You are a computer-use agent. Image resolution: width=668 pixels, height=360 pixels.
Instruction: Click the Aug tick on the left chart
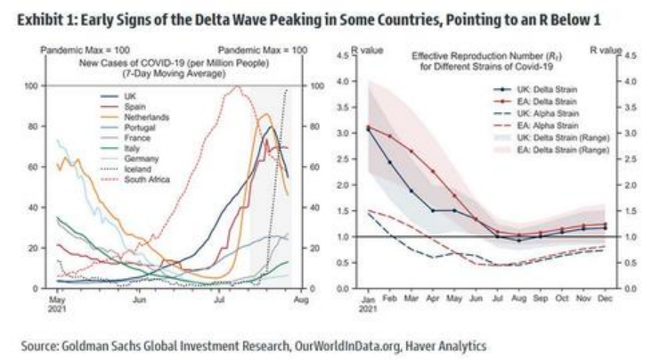coord(298,301)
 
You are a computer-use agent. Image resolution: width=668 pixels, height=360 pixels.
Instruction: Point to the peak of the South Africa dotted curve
coord(236,87)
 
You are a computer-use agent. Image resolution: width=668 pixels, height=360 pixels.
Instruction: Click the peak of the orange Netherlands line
coord(264,114)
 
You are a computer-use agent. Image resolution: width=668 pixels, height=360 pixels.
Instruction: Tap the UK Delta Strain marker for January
coord(369,129)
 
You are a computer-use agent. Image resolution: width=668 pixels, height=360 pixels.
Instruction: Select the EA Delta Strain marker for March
coord(411,151)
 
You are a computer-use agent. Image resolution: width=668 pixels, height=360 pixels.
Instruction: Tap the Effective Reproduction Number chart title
coord(482,60)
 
